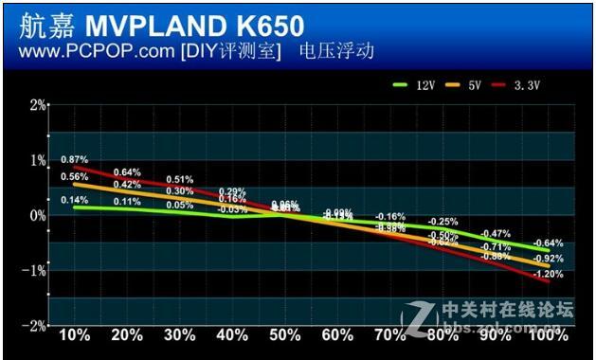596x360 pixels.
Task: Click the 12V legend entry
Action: coord(414,86)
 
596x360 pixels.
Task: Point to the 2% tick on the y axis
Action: coord(37,104)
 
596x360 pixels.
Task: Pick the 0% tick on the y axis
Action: coord(37,215)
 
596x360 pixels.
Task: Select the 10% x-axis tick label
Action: coord(75,335)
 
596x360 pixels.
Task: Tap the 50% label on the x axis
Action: coord(284,335)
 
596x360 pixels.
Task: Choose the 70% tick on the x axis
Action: coord(389,335)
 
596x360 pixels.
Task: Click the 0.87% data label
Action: coord(75,159)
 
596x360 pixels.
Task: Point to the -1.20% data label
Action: coord(547,274)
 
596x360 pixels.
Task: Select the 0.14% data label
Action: coord(75,200)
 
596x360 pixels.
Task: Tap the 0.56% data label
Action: coord(75,177)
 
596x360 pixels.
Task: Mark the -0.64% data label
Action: coord(547,243)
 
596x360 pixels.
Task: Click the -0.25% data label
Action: coord(442,222)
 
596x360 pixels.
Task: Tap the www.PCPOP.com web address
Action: coord(90,51)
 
